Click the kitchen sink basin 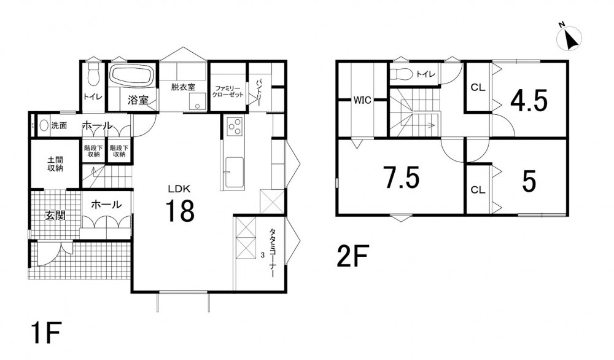234,171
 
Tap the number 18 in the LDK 180,210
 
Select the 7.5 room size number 402,178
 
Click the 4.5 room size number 529,101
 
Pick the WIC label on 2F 362,100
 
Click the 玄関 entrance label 55,215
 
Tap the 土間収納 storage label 55,164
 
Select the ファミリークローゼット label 228,92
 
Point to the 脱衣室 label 183,87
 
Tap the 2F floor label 352,256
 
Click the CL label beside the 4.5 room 478,87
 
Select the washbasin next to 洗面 44,126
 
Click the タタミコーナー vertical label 271,253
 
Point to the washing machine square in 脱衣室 197,102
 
